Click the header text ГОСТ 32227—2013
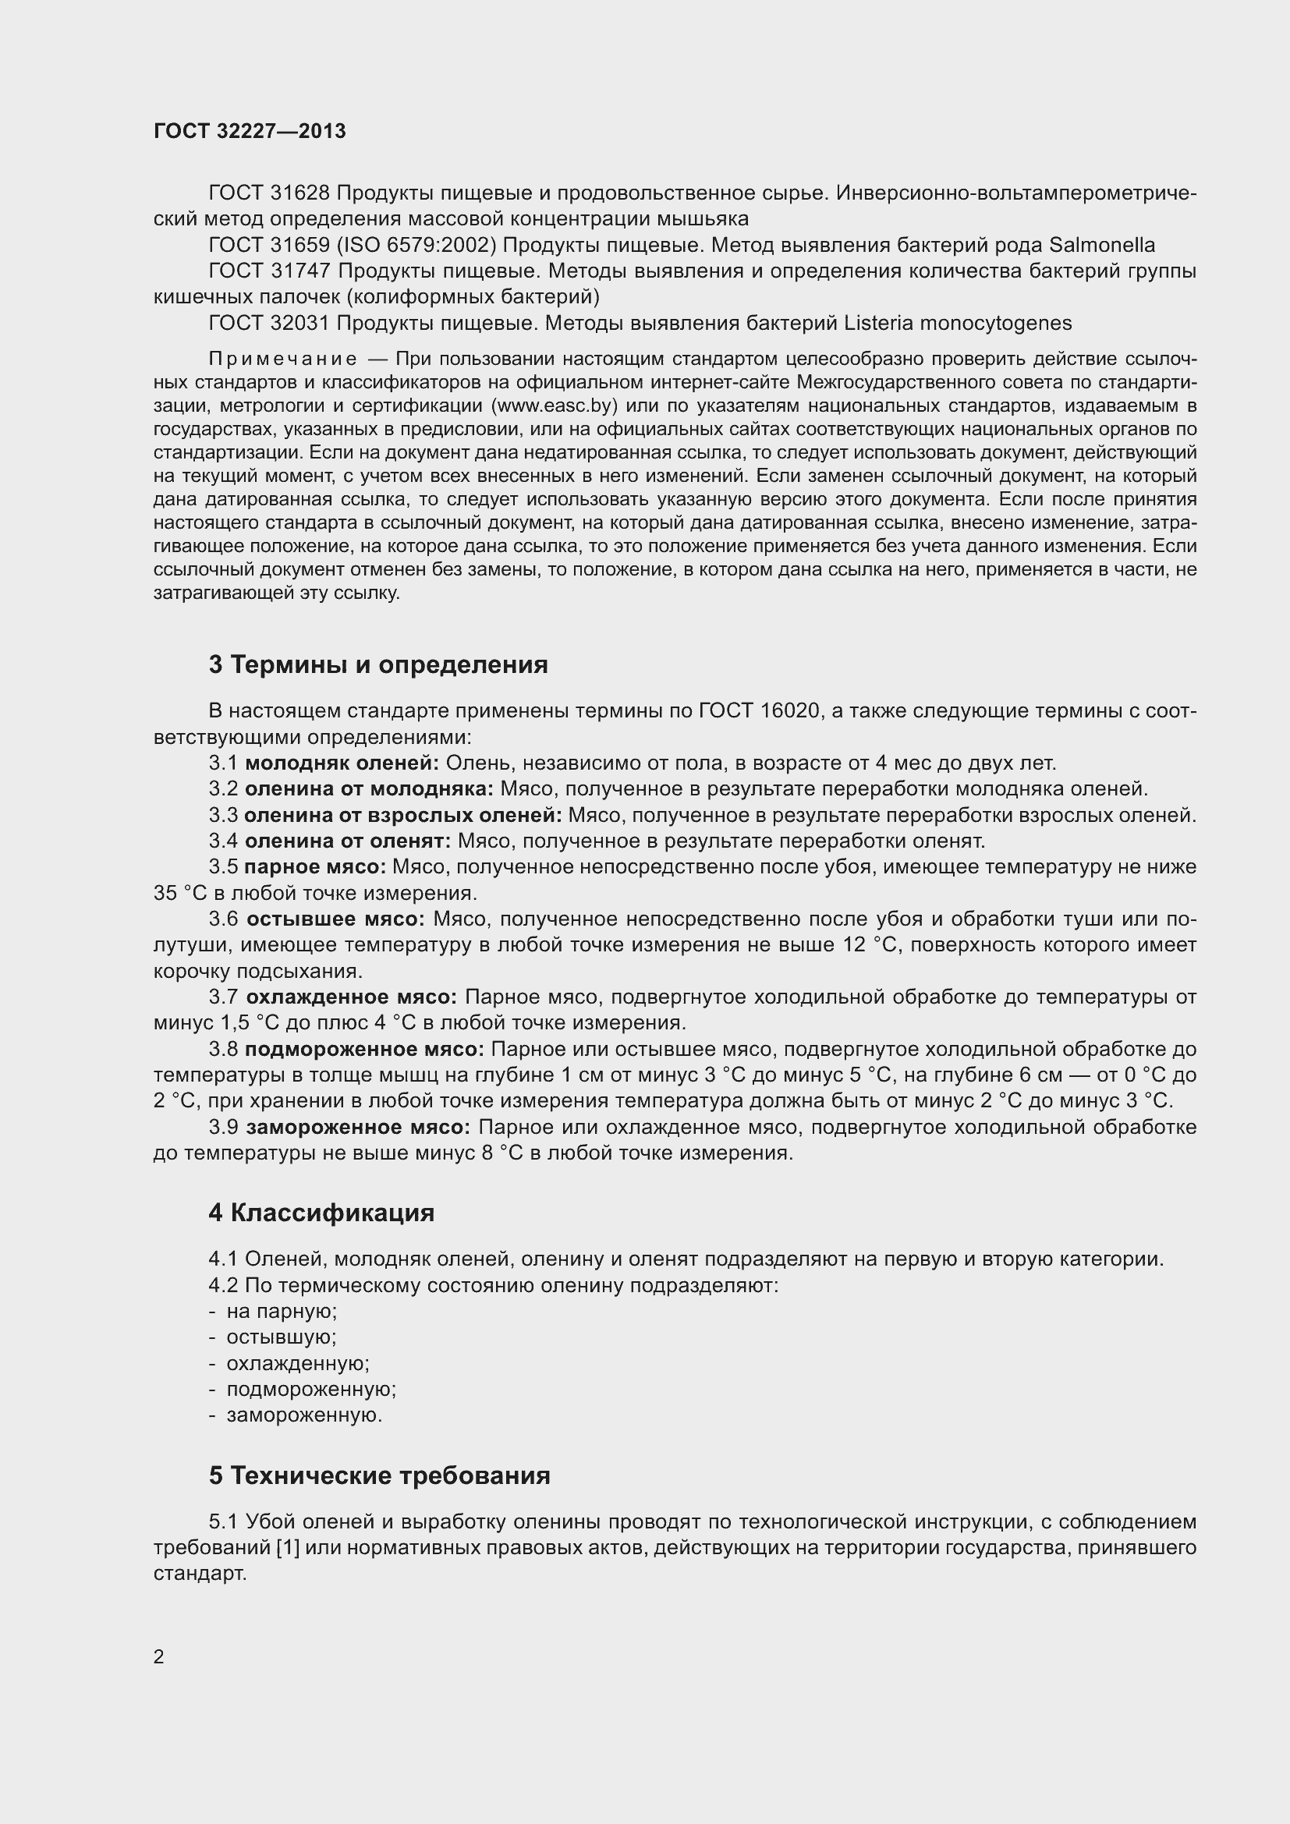(x=250, y=132)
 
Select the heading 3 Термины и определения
(x=378, y=664)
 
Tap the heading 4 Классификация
(x=321, y=1213)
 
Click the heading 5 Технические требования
(x=379, y=1475)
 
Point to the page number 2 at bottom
(x=159, y=1656)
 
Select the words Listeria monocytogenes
(x=957, y=324)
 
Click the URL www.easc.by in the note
(x=555, y=406)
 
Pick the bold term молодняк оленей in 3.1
(x=342, y=763)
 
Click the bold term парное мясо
(x=314, y=866)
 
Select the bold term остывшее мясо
(x=335, y=919)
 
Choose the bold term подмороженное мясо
(x=363, y=1050)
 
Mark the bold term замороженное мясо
(x=357, y=1128)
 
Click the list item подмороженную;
(x=311, y=1390)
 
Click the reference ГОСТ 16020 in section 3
(x=759, y=711)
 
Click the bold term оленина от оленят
(x=347, y=841)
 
